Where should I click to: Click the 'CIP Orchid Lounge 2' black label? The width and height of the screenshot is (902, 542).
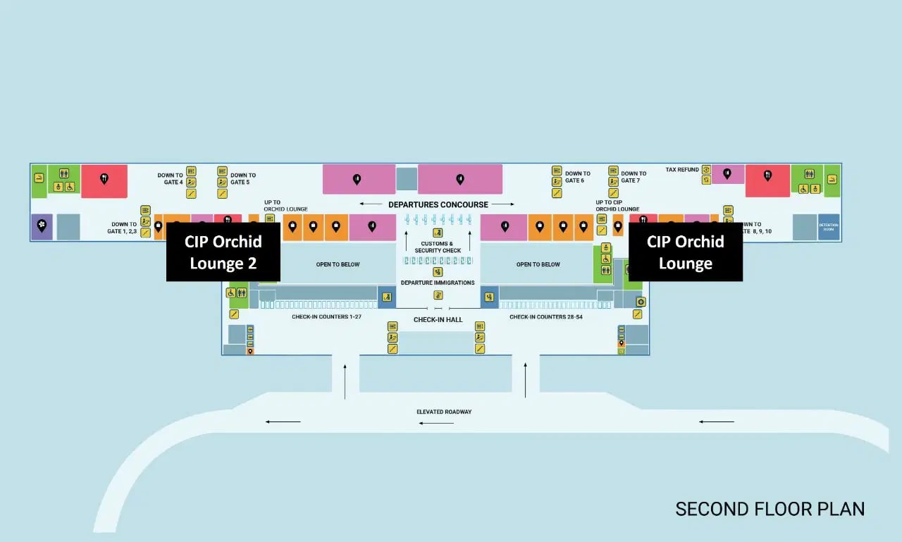point(223,252)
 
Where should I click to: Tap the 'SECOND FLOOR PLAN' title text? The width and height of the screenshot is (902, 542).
point(770,509)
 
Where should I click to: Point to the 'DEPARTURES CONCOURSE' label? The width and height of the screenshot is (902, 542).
point(438,204)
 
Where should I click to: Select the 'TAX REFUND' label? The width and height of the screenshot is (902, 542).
point(682,170)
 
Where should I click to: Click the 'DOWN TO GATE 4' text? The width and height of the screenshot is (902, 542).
point(170,179)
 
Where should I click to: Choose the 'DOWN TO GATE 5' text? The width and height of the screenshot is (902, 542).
point(243,179)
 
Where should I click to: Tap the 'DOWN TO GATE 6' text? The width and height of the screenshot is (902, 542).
point(577,177)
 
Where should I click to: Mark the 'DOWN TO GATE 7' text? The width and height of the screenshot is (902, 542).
point(633,177)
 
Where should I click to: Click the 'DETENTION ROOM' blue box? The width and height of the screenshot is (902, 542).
point(829,227)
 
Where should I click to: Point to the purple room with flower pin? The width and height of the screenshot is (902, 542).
point(42,227)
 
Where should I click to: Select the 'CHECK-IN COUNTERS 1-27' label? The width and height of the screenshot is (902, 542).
point(326,317)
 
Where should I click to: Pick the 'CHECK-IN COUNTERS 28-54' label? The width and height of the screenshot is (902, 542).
point(545,317)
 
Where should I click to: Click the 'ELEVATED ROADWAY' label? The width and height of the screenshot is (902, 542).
point(444,412)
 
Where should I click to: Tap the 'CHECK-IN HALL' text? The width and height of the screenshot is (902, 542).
point(438,320)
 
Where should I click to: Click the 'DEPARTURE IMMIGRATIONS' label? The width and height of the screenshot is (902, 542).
point(438,283)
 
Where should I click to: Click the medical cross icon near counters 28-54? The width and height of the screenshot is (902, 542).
point(641,302)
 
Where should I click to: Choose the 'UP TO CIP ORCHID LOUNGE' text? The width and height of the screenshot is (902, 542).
point(617,206)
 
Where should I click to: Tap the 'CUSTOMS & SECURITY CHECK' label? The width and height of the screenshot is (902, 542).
point(438,247)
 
